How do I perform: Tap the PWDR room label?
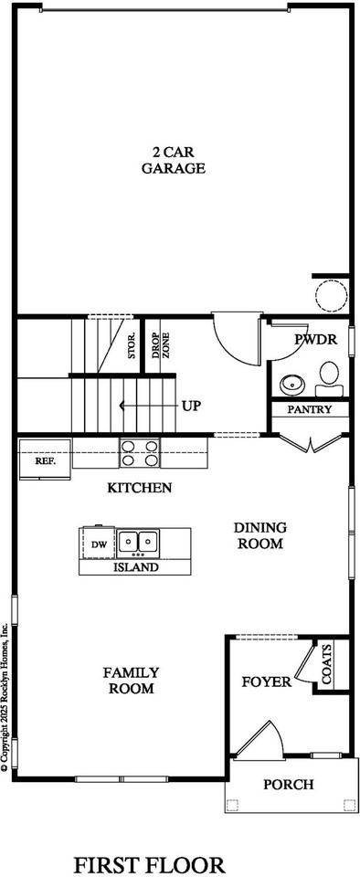click(x=316, y=339)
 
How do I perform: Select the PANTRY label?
click(x=309, y=409)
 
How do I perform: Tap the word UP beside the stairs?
click(x=191, y=405)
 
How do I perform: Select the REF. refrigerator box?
click(x=46, y=461)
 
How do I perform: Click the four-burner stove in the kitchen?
click(x=140, y=454)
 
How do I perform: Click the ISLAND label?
click(x=136, y=567)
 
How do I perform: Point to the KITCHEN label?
click(x=140, y=488)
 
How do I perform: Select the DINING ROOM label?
click(x=259, y=535)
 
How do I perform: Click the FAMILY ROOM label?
click(x=132, y=680)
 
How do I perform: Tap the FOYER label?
click(x=266, y=682)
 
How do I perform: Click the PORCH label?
click(x=289, y=784)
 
